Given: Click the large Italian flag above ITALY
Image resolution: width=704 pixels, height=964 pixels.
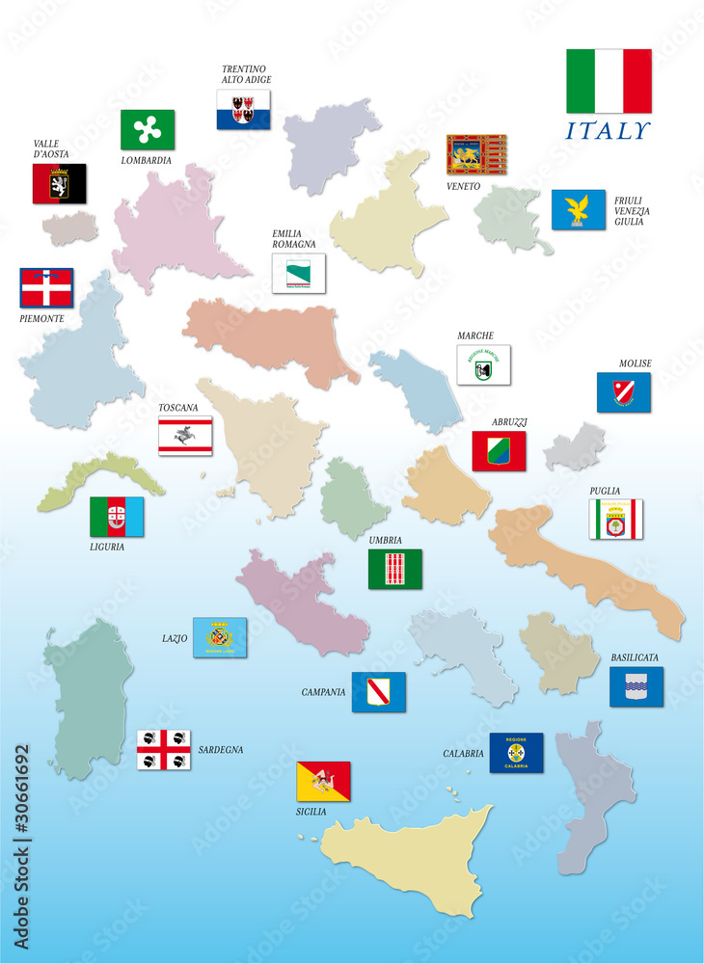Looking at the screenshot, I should (x=608, y=81).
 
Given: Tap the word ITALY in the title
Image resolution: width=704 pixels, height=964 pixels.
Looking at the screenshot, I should (x=608, y=130).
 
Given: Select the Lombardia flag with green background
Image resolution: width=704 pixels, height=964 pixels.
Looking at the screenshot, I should (x=148, y=129).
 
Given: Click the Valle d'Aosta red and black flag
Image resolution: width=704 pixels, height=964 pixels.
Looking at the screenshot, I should (x=60, y=183).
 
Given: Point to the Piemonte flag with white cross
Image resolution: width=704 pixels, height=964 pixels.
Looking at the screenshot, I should (x=46, y=287).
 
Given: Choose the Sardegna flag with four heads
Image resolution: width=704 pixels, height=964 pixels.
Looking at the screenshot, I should (x=163, y=749).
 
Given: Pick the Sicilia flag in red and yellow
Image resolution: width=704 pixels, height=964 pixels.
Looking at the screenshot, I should (x=323, y=781).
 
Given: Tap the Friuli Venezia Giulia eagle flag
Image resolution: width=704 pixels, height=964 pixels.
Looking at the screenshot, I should (x=579, y=209).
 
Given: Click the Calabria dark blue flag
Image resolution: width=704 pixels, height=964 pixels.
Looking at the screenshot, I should (x=516, y=752).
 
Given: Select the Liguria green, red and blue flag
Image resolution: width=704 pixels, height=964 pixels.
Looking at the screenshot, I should (x=117, y=517).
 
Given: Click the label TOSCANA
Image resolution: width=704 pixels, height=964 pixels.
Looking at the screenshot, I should (x=178, y=408).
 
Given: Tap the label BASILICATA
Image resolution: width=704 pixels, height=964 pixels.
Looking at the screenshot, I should (x=635, y=657).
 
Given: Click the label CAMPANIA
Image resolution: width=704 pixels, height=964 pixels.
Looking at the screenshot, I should (x=323, y=692).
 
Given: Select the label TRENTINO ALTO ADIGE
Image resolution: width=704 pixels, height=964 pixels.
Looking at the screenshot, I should (x=246, y=74).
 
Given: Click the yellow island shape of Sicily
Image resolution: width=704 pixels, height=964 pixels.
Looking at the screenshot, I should (x=405, y=858).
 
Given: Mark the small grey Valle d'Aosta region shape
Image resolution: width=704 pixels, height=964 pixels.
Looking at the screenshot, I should (x=70, y=228).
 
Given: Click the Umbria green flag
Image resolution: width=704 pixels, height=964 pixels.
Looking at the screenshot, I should (x=394, y=569).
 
